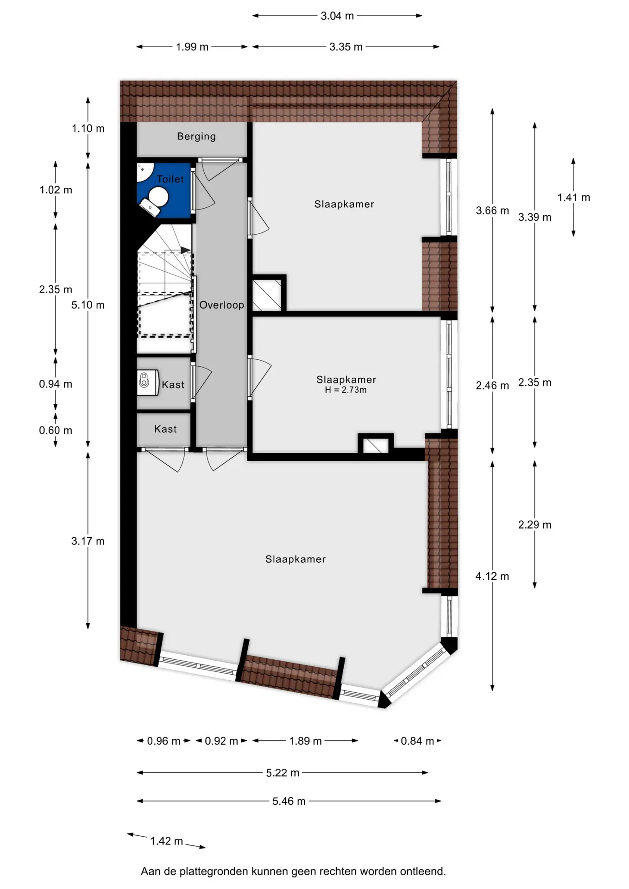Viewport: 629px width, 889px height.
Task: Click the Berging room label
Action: click(196, 137)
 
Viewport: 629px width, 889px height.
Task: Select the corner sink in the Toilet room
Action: click(144, 171)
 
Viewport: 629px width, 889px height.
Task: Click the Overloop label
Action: click(221, 305)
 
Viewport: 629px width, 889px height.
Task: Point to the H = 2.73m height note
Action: click(346, 390)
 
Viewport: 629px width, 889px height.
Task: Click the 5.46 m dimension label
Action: click(289, 801)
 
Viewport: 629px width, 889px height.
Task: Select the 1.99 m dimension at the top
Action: click(192, 47)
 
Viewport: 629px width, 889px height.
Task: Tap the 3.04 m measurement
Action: click(337, 16)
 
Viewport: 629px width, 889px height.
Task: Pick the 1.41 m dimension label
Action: click(573, 198)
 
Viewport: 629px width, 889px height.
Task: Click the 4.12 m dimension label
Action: click(492, 576)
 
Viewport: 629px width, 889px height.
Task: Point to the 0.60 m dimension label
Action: click(56, 431)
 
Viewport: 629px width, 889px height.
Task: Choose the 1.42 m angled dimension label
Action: click(166, 841)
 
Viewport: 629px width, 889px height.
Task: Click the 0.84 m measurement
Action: click(417, 741)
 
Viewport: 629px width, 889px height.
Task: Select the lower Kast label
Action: click(165, 429)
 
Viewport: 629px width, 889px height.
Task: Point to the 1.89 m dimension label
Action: click(305, 741)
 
